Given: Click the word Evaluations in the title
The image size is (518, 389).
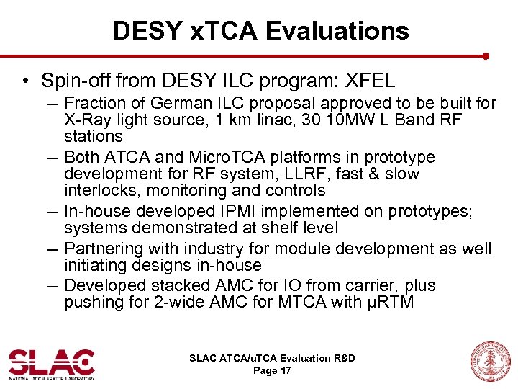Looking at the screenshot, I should [x=337, y=30].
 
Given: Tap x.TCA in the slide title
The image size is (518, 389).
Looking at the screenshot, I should [x=220, y=30].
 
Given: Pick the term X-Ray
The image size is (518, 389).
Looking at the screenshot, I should [x=85, y=120].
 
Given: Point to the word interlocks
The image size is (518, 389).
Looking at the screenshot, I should [x=99, y=191].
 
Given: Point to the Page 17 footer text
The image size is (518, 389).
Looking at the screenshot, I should [x=272, y=371].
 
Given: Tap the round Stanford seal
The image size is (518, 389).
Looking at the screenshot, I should [x=489, y=362].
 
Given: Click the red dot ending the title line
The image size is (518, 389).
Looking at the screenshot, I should [x=486, y=55].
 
